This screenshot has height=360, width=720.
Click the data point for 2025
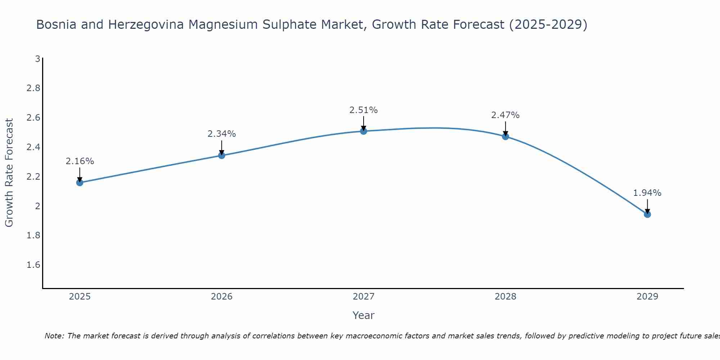pos(80,183)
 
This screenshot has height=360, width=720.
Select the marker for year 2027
pos(364,131)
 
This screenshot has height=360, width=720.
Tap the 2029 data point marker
pos(647,215)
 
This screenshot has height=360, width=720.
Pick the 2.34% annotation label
pos(222,134)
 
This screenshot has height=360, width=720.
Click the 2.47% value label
pos(505,115)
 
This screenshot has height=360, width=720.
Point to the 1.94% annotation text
pos(647,193)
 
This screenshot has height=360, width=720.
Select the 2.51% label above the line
pos(364,110)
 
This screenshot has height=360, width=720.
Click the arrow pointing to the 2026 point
pos(222,147)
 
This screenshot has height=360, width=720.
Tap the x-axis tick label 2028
pos(505,297)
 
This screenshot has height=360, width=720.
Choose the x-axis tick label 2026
pos(222,297)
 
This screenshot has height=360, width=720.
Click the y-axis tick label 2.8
pos(33,88)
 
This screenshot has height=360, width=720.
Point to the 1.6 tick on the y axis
pos(33,265)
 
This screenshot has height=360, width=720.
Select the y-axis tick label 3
pos(37,59)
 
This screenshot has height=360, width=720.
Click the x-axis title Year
pos(364,315)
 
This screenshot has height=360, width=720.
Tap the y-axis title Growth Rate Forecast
pos(9,173)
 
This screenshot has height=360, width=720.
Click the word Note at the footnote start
pos(54,336)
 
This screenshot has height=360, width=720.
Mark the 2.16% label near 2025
pos(80,161)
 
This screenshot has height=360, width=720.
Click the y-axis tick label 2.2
pos(33,176)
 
